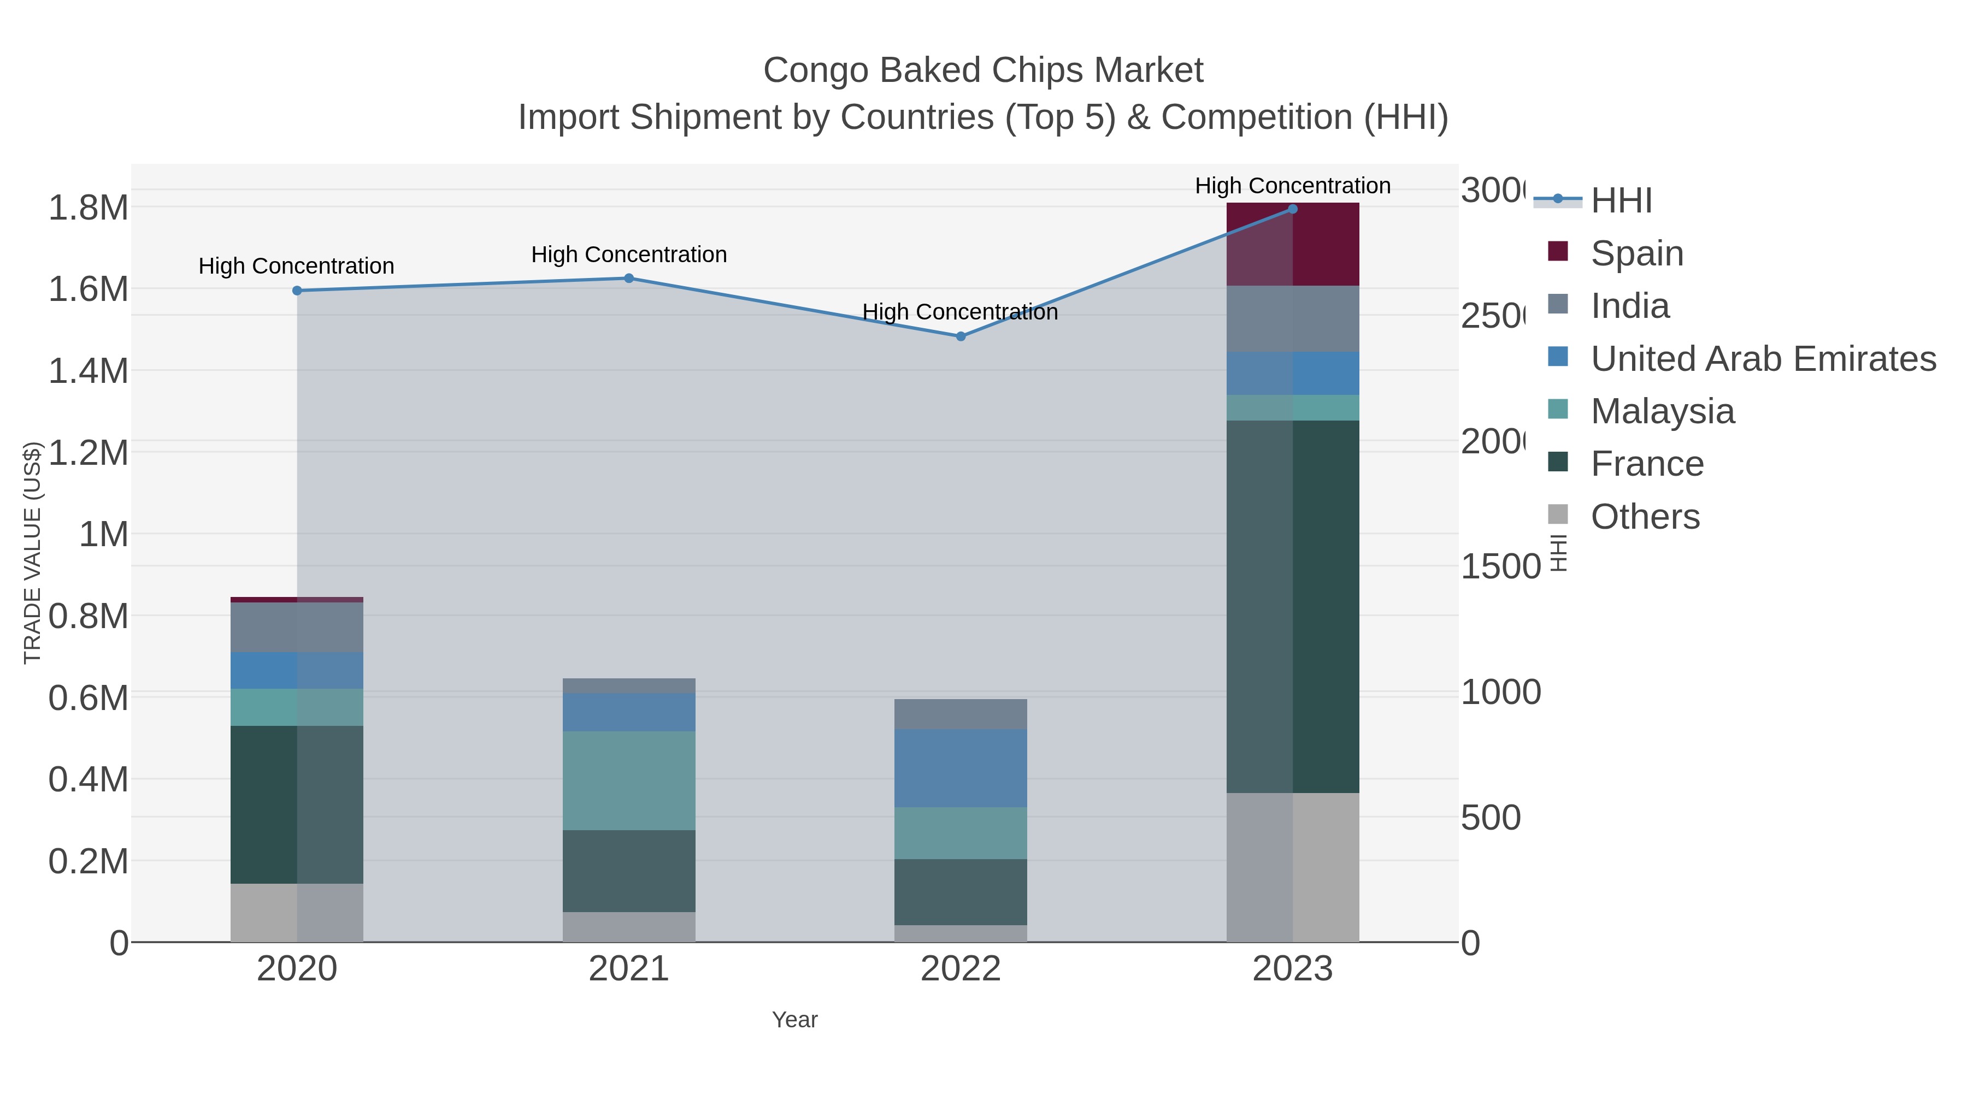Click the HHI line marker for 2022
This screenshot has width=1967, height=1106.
pos(961,336)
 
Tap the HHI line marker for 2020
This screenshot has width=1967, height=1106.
pos(297,291)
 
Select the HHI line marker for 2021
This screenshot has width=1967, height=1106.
pos(628,279)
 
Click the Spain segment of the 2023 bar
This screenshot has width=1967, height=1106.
pos(1292,244)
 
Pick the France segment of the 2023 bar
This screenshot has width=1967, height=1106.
pos(1292,607)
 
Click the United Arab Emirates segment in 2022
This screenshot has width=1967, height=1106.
pos(961,768)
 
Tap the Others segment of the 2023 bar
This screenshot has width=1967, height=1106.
pos(1292,867)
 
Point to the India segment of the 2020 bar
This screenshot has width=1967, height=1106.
pos(297,628)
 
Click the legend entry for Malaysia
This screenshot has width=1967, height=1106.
pos(1662,411)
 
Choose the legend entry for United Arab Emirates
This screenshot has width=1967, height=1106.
pos(1762,359)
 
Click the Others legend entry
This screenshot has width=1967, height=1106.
pos(1645,517)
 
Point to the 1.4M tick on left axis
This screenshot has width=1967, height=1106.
pos(88,371)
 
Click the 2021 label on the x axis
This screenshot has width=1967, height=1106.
pos(628,968)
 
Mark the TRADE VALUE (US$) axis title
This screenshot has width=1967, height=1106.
pos(32,553)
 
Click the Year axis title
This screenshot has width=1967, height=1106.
pos(794,1020)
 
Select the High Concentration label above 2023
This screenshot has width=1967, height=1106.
pos(1292,186)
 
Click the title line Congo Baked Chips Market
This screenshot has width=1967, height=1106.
pos(983,70)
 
